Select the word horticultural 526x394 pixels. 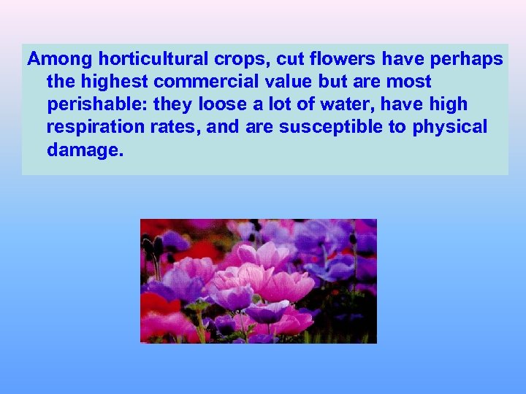(144, 58)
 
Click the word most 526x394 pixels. (409, 82)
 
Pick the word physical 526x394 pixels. (450, 128)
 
